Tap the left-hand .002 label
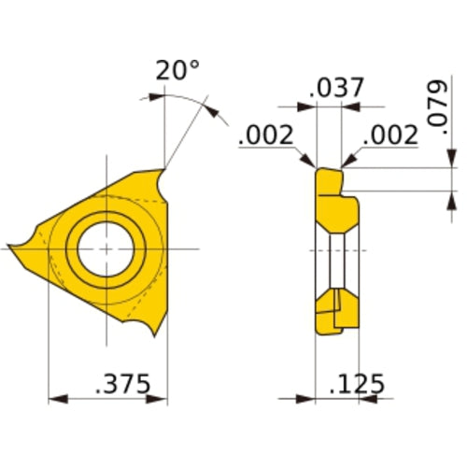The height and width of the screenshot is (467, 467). click(266, 135)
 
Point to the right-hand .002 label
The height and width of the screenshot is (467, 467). click(389, 135)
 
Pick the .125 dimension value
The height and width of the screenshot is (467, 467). click(358, 384)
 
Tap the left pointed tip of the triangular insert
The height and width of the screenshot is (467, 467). click(12, 248)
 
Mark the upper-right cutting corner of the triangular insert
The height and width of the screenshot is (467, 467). click(163, 171)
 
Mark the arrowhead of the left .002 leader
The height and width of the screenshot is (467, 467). click(311, 164)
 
